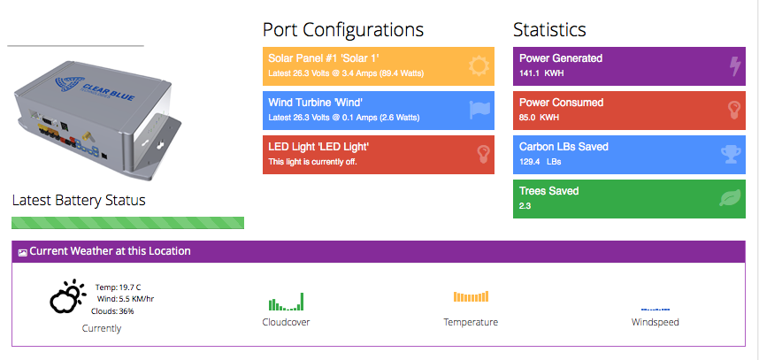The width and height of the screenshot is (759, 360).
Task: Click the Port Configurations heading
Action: (343, 29)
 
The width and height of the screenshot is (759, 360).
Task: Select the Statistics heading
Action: (549, 29)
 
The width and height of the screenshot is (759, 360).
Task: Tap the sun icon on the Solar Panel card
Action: (479, 65)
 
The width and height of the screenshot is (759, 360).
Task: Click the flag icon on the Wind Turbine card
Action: (479, 109)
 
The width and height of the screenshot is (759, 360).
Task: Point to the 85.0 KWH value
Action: (539, 117)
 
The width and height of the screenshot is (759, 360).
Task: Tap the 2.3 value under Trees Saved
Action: (525, 206)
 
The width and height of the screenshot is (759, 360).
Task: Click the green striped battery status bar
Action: (127, 222)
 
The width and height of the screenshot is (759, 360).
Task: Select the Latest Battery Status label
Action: (79, 200)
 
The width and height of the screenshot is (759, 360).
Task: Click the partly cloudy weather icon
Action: (66, 297)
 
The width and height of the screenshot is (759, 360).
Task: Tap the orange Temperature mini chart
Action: (471, 296)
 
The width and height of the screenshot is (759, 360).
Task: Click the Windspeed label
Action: (655, 322)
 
